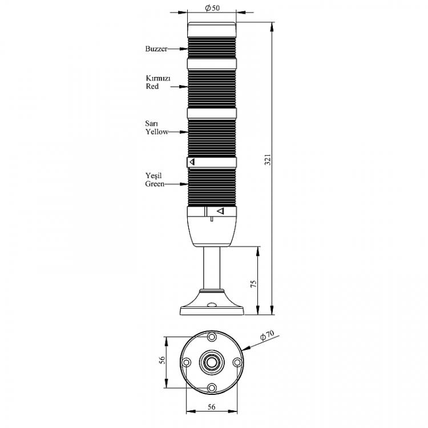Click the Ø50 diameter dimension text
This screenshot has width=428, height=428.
click(x=212, y=8)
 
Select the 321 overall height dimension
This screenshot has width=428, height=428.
click(x=268, y=160)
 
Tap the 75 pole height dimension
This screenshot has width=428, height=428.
click(x=253, y=284)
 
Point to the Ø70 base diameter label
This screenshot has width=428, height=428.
click(x=267, y=335)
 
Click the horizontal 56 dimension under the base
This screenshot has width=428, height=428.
click(x=212, y=407)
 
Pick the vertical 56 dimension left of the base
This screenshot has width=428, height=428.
click(x=162, y=360)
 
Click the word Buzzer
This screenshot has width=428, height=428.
click(x=156, y=49)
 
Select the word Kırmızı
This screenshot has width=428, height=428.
click(x=158, y=78)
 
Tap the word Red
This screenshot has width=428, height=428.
click(x=152, y=86)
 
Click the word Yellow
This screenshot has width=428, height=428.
click(x=157, y=132)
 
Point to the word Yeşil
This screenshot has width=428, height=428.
click(x=154, y=176)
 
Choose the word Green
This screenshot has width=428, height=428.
click(x=155, y=184)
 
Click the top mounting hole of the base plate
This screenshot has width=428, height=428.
click(x=212, y=337)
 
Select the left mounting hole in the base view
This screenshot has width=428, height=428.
click(x=187, y=362)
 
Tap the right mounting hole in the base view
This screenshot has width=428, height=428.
click(x=237, y=362)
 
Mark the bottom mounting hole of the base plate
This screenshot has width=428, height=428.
click(x=212, y=388)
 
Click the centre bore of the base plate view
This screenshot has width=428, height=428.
click(x=212, y=362)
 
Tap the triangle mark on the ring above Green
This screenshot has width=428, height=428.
click(x=192, y=162)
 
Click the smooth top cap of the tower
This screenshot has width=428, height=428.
click(x=212, y=30)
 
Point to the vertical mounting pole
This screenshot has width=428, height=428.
click(x=212, y=268)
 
